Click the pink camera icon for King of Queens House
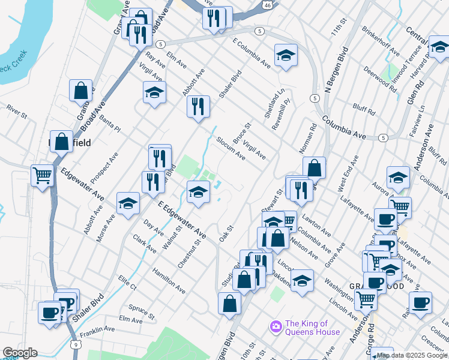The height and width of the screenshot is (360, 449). coord(276,326)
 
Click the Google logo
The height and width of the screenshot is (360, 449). coord(20,353)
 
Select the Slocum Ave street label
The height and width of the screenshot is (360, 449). coord(231,146)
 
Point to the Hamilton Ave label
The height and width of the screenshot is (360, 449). coord(169,280)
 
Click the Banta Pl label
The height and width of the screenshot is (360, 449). coord(110,124)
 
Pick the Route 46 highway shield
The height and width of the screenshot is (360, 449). coord(267,5)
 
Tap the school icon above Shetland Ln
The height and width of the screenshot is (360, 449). coord(286,55)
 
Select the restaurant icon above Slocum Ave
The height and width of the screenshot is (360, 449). coord(197,107)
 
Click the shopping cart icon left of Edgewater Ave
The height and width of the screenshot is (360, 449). coord(42,176)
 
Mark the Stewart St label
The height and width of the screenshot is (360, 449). coord(277,200)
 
